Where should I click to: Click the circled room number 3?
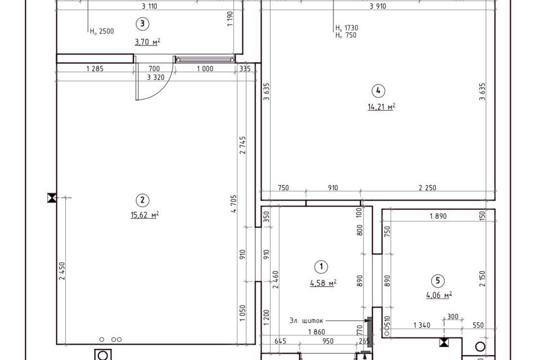pos(142,24)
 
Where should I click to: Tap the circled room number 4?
pos(379,91)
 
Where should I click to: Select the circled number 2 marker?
pos(142,200)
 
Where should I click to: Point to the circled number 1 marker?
pos(321,267)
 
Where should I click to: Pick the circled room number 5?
pos(438,281)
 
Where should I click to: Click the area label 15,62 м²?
pos(145,215)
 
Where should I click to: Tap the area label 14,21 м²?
pos(381,107)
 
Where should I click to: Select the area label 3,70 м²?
pos(147,42)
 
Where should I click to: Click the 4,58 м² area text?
pos(323,283)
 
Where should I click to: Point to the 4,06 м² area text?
pos(439,295)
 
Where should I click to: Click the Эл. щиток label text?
pos(306,321)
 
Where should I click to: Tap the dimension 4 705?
pos(234,204)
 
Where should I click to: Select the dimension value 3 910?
pos(378,6)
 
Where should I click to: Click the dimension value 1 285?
pos(94,69)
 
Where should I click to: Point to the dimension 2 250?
pos(427,188)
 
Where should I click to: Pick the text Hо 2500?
pos(102,31)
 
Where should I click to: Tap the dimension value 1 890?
pos(438,216)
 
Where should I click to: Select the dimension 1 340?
pos(421,325)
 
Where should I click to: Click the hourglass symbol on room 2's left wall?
pos(52,198)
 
